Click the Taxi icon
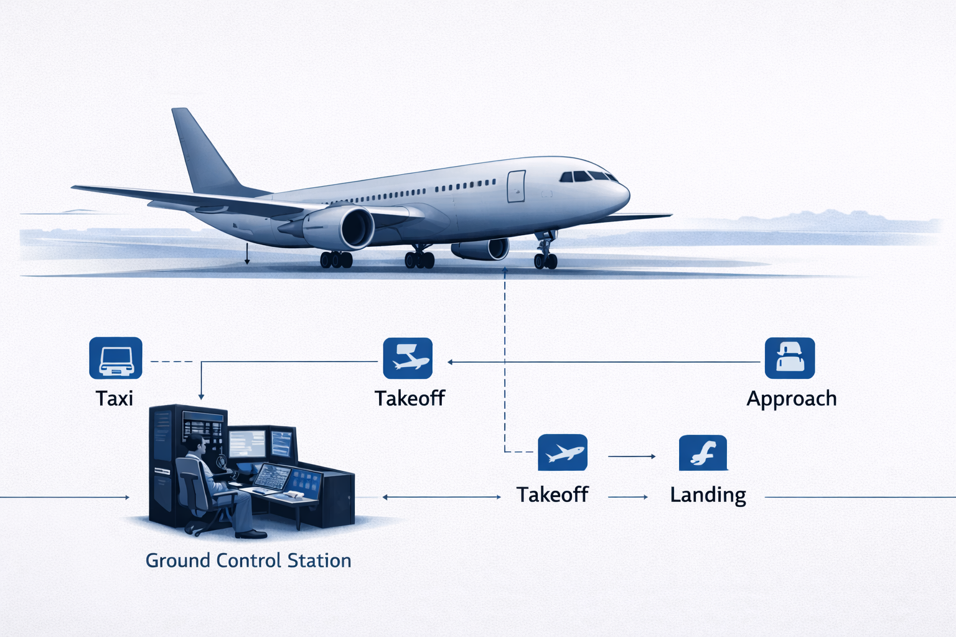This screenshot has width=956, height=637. point(116,358)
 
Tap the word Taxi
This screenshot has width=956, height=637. point(115,398)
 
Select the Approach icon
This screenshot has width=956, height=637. point(789,358)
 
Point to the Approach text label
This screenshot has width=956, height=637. point(791,398)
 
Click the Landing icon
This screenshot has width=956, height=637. point(703,453)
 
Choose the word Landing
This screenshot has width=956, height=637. point(708,495)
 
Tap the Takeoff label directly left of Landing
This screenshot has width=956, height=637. point(552,495)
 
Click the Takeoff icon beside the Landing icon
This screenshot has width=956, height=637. point(562,453)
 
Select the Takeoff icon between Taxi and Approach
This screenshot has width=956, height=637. point(408,358)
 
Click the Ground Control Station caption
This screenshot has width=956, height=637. point(248,560)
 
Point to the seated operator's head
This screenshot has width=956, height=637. point(196,444)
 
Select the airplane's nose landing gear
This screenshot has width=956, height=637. point(545,252)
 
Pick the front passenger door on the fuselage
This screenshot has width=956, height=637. point(516,187)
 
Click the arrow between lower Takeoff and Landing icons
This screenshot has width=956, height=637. point(631,457)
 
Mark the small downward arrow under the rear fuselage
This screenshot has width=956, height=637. point(247,254)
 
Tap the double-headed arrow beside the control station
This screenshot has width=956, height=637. point(441,497)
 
